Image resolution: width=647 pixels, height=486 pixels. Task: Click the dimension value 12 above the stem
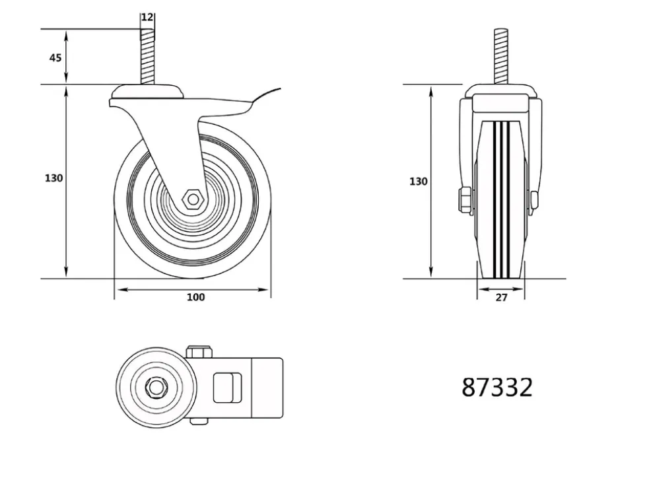147,17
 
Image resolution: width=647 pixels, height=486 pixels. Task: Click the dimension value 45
55,57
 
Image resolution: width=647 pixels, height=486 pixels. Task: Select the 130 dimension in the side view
53,178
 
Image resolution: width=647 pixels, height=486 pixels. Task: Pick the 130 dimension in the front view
419,181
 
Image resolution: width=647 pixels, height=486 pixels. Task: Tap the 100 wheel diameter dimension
195,297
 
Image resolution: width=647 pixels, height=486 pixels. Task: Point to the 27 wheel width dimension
501,297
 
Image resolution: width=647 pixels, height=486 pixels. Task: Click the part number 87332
497,388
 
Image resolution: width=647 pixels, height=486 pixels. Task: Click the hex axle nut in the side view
193,199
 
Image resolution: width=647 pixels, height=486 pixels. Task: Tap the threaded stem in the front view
500,57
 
